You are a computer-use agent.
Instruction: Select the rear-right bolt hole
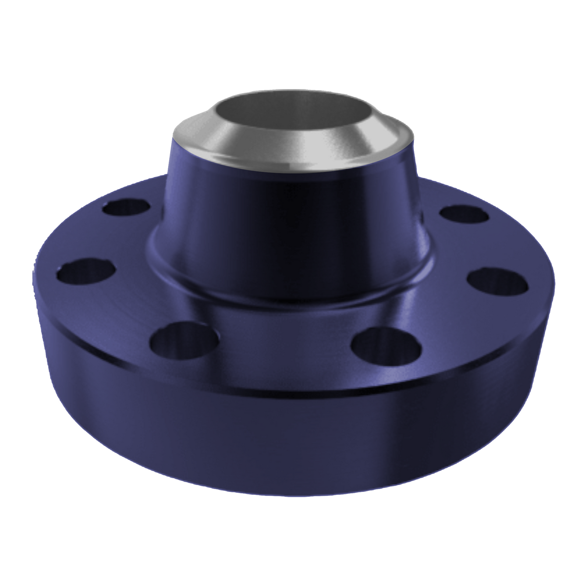[x=463, y=215]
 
